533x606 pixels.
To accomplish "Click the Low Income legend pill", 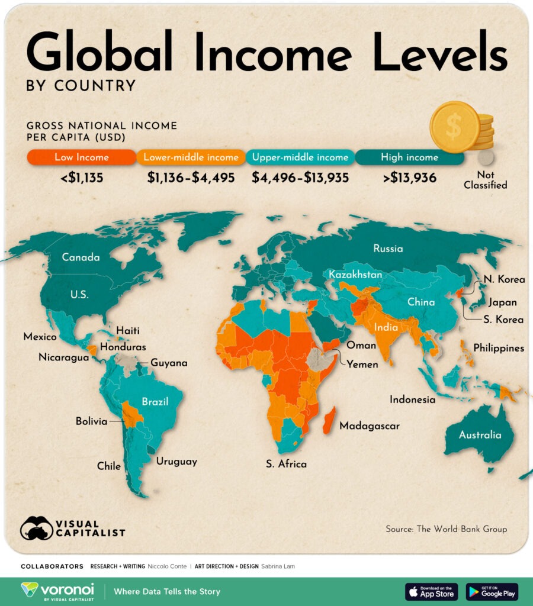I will (x=82, y=157).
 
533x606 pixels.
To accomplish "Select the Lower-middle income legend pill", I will (x=191, y=157).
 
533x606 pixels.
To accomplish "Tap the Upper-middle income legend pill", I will (x=300, y=157).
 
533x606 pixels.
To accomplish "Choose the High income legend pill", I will (x=410, y=157).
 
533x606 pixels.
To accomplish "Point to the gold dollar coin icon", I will (x=455, y=126).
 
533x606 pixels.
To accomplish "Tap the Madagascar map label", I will (x=369, y=426).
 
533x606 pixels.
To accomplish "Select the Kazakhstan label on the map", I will (x=355, y=275).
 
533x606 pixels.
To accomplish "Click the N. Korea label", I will (x=503, y=279).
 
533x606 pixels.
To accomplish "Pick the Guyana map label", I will (x=169, y=363).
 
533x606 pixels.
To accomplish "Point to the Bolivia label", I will (x=92, y=421).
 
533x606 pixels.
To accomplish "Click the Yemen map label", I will (x=362, y=364).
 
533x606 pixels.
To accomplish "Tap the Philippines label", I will (x=499, y=348).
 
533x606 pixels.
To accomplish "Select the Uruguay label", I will (x=176, y=461).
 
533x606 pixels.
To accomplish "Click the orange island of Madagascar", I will (x=330, y=420).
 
